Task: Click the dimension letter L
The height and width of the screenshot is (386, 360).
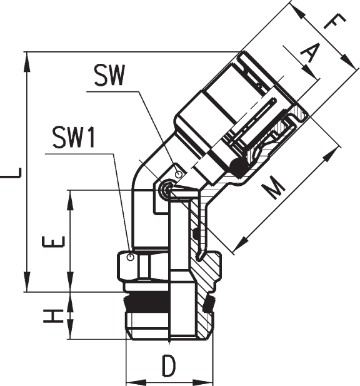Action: point(11,173)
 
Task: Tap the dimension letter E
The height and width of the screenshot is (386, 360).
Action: point(54,241)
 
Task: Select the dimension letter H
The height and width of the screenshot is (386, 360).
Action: point(54,317)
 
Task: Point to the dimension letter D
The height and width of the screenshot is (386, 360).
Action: point(169,366)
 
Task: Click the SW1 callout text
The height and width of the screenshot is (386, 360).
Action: point(74,137)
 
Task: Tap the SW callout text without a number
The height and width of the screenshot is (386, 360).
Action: point(109,75)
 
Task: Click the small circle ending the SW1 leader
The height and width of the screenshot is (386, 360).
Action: point(131,258)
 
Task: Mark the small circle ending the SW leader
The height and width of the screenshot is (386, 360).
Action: point(179,175)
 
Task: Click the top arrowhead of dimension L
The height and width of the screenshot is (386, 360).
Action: point(27,62)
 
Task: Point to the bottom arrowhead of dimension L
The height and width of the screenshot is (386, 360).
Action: point(27,282)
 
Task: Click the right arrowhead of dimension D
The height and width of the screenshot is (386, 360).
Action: point(203,383)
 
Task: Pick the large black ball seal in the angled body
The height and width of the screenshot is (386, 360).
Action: point(239,168)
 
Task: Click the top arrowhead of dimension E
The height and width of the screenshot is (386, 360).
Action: point(71,200)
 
